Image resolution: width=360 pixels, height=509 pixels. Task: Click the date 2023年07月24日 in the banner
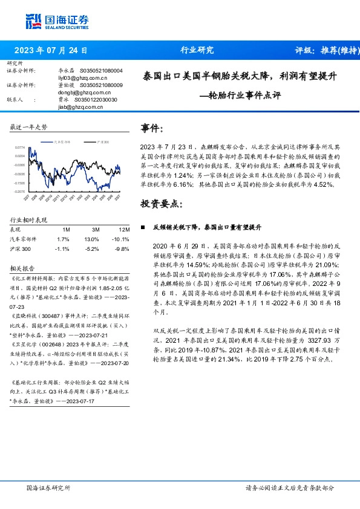pyautogui.click(x=51, y=50)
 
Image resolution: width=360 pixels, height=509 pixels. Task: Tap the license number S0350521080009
pyautogui.click(x=101, y=85)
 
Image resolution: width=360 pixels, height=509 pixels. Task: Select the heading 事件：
pyautogui.click(x=151, y=128)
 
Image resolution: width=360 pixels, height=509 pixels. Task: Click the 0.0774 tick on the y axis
pyautogui.click(x=20, y=147)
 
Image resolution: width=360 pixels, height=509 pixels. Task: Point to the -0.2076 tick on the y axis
pyautogui.click(x=20, y=191)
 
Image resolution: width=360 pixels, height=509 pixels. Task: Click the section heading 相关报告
pyautogui.click(x=22, y=268)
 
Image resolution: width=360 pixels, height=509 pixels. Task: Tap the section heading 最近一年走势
pyautogui.click(x=28, y=127)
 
